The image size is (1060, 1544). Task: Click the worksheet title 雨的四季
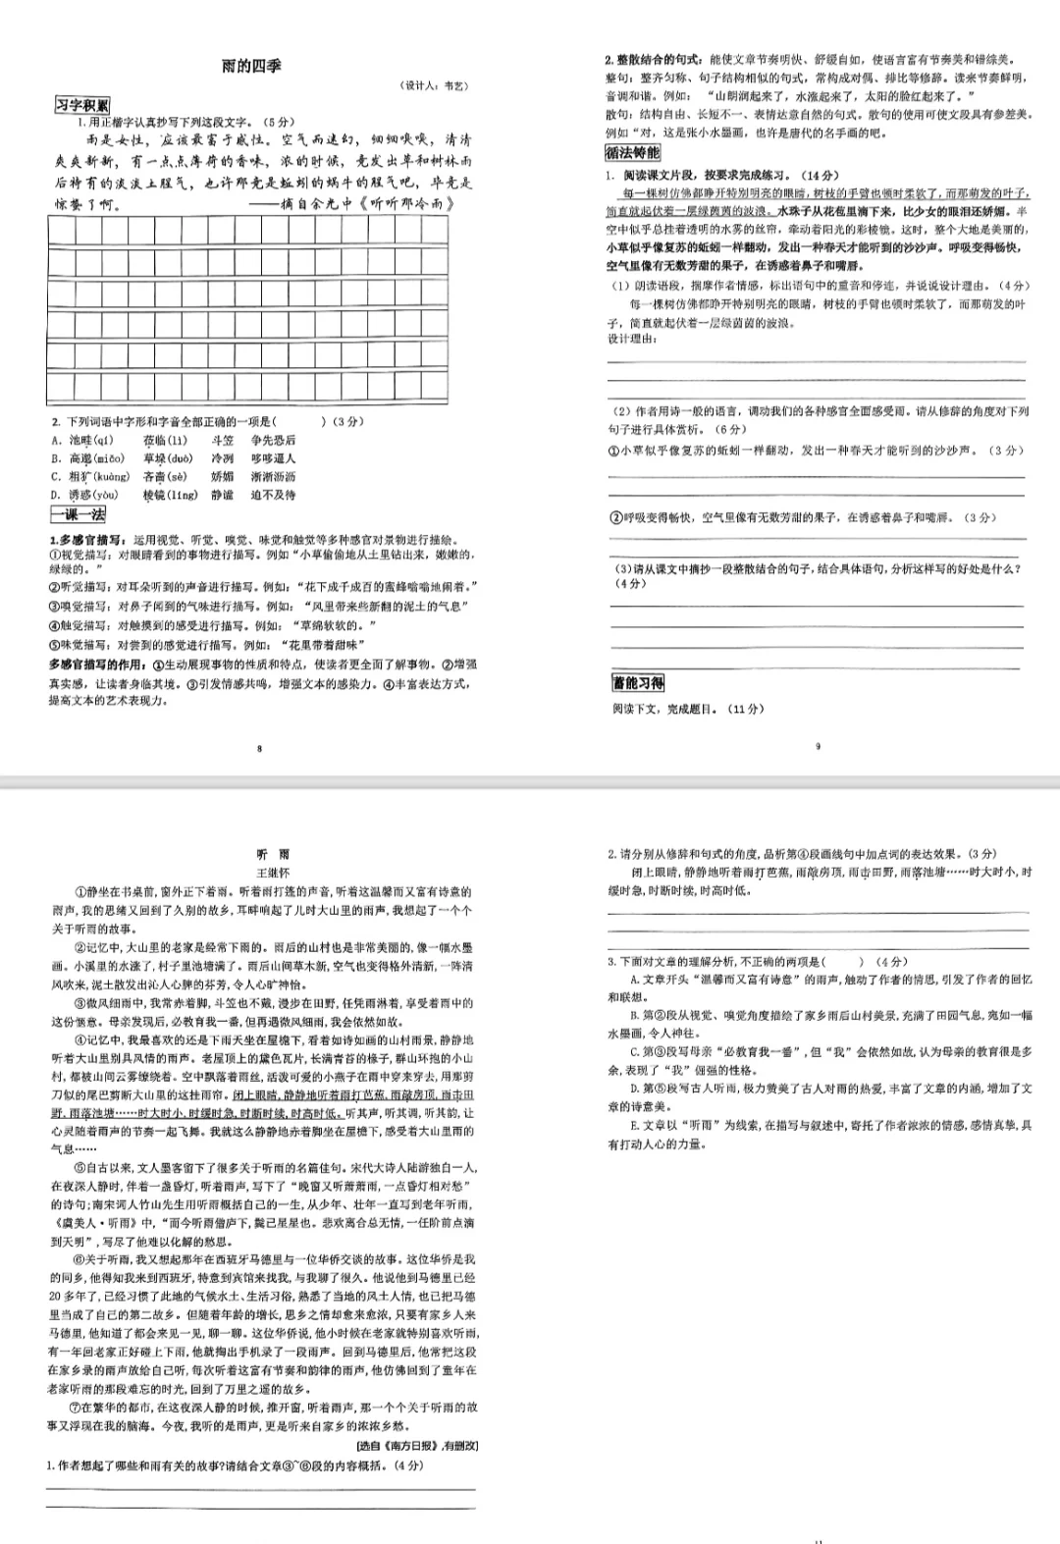251,66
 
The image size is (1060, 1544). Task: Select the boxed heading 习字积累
81,105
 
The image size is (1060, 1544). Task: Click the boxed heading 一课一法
78,514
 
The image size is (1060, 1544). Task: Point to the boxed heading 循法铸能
633,152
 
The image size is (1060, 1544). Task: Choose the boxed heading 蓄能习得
638,683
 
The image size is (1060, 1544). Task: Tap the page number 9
818,746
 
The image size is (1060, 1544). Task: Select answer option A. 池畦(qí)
82,441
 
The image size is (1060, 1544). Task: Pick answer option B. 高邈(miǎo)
88,458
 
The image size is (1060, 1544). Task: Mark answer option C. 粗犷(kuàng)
90,477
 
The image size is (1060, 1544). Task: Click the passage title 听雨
273,855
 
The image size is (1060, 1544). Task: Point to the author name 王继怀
273,872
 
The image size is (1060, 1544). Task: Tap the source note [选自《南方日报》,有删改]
416,1445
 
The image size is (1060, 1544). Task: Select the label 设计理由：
632,339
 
